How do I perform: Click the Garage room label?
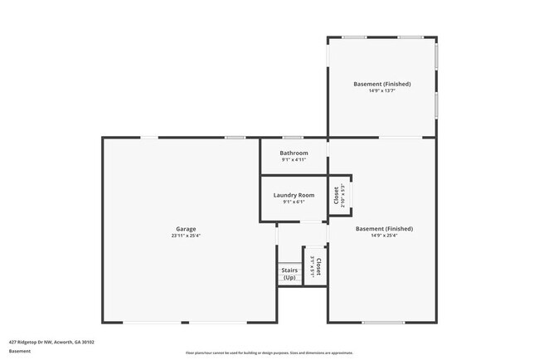[x=186, y=229]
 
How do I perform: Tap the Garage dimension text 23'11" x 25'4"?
[x=186, y=236]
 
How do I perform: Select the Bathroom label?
[x=294, y=153]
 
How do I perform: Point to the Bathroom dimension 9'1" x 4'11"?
[x=294, y=159]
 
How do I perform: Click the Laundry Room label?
[x=294, y=195]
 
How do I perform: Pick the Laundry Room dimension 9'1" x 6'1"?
[x=294, y=202]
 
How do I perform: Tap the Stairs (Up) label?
[x=289, y=274]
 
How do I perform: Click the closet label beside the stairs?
[x=318, y=266]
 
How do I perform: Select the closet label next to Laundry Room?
[x=336, y=195]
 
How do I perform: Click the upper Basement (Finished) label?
[x=382, y=84]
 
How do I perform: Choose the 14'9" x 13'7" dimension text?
[x=382, y=90]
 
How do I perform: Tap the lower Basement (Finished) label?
[x=384, y=228]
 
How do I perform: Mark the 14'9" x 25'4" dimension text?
[x=384, y=235]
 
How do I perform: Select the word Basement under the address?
[x=21, y=351]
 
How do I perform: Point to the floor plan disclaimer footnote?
[x=269, y=353]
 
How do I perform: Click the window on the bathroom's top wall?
[x=293, y=138]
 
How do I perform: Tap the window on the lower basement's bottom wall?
[x=383, y=323]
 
